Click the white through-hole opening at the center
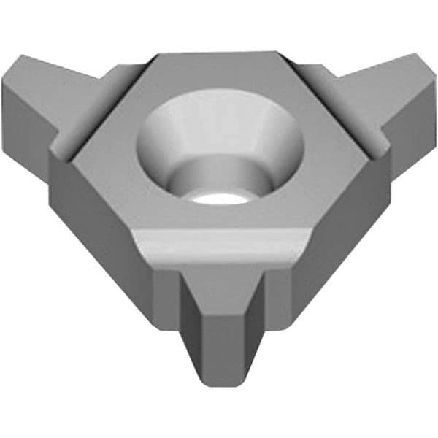[x=219, y=199]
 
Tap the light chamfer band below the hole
[x=219, y=245]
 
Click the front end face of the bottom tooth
[x=219, y=350]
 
